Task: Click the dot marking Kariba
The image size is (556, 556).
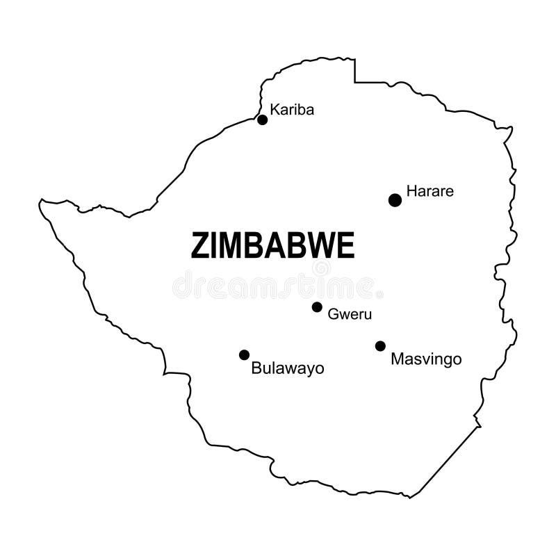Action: (x=262, y=120)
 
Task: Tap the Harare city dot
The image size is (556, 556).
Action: (x=395, y=200)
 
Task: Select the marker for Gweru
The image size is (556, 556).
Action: (x=317, y=306)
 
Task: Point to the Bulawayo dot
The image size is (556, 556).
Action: (x=244, y=354)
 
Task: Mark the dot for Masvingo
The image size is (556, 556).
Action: (x=380, y=345)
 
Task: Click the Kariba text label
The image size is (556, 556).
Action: (x=292, y=109)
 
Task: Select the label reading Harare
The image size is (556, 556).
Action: (x=430, y=190)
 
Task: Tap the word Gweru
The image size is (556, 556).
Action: (x=350, y=314)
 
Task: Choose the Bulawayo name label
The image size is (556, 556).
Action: (x=287, y=368)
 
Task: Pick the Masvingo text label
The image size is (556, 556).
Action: (x=426, y=359)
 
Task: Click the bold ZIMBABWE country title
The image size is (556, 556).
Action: (x=272, y=246)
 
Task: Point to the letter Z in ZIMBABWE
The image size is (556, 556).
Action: (x=199, y=246)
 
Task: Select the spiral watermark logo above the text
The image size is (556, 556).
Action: (x=321, y=268)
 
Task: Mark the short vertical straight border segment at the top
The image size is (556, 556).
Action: (x=354, y=70)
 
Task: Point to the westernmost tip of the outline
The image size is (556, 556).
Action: (x=40, y=203)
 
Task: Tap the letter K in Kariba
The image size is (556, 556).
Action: (x=275, y=109)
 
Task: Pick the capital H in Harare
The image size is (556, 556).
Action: (x=411, y=190)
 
